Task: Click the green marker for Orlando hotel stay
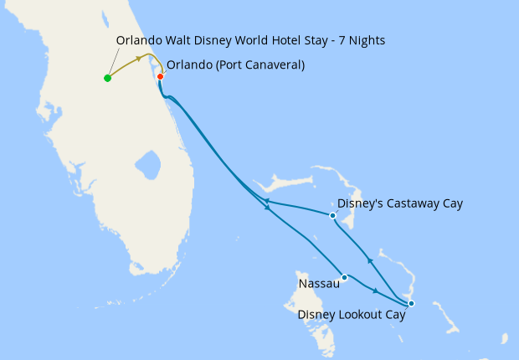tap(107, 78)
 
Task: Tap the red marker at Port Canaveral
tap(160, 77)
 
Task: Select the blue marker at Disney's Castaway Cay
tap(332, 215)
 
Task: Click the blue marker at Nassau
tap(344, 277)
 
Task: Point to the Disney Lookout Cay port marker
tap(410, 303)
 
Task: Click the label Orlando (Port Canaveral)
tap(235, 64)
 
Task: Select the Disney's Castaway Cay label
tap(399, 203)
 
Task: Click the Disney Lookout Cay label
tap(352, 315)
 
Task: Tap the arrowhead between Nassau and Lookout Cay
tap(376, 291)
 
